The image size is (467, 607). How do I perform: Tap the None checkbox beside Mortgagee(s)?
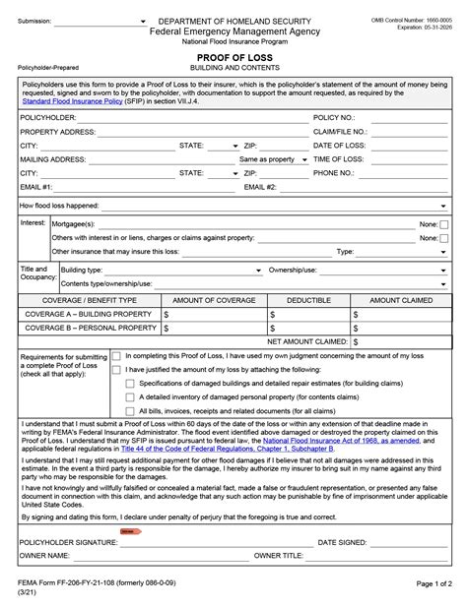tap(444, 224)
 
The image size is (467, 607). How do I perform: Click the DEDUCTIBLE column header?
tap(308, 299)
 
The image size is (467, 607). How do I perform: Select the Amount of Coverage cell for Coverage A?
tap(214, 314)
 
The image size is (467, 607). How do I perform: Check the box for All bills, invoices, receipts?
tap(130, 409)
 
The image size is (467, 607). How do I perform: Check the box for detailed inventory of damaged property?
tap(130, 395)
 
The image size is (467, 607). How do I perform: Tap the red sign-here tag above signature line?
tap(130, 531)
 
